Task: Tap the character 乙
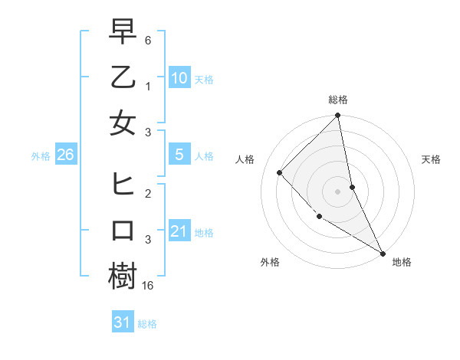click(123, 79)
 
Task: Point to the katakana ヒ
click(123, 185)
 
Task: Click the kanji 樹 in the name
click(123, 277)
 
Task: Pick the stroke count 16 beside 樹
click(149, 285)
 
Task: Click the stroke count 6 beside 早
click(149, 39)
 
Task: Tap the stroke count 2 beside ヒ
click(149, 195)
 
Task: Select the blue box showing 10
click(179, 78)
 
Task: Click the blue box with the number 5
click(179, 155)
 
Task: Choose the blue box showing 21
click(179, 231)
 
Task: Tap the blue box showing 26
click(65, 155)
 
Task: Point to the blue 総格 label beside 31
click(147, 324)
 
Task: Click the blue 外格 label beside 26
click(41, 156)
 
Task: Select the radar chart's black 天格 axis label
click(432, 159)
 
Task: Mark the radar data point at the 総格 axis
click(338, 116)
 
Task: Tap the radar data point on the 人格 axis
click(280, 172)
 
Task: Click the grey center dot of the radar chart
click(338, 191)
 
